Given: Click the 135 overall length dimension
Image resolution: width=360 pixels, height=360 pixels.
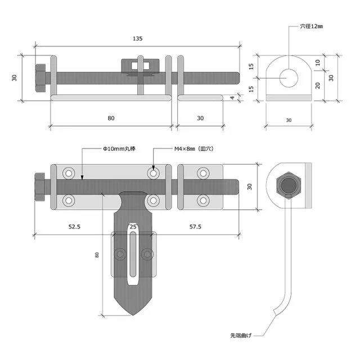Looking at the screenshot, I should pos(138,38).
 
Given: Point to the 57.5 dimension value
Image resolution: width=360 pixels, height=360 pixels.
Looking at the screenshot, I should pos(195,226).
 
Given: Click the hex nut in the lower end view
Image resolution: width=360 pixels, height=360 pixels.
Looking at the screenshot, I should pos(289,186).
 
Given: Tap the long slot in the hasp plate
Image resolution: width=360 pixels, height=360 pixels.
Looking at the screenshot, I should pos(133,259).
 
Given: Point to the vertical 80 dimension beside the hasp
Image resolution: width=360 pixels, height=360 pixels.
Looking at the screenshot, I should pos(97,254).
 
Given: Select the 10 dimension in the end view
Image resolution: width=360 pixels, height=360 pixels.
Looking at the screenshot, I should pos(318,63).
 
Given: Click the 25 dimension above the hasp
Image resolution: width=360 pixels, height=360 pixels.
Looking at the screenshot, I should pos(133,226).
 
